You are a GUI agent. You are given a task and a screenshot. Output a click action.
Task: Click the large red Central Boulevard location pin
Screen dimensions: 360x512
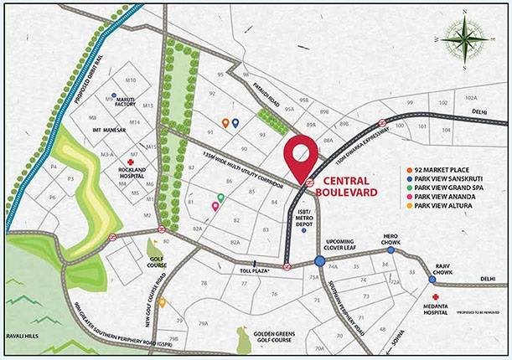[301, 156]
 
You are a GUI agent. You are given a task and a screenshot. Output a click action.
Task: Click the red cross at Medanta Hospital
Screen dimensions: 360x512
[436, 297]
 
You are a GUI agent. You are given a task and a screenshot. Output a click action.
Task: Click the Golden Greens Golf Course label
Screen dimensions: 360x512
[272, 337]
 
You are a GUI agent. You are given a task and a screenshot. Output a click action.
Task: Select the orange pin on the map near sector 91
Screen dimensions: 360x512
[225, 122]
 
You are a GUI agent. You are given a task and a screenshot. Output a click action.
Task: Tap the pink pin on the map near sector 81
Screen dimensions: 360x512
[215, 205]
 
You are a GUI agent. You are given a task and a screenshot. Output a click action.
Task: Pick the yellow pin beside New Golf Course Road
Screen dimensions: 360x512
[162, 302]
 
